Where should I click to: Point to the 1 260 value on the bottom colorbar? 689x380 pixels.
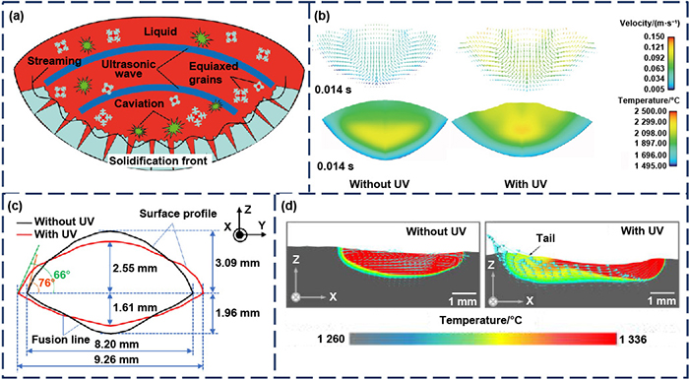[328, 339]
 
